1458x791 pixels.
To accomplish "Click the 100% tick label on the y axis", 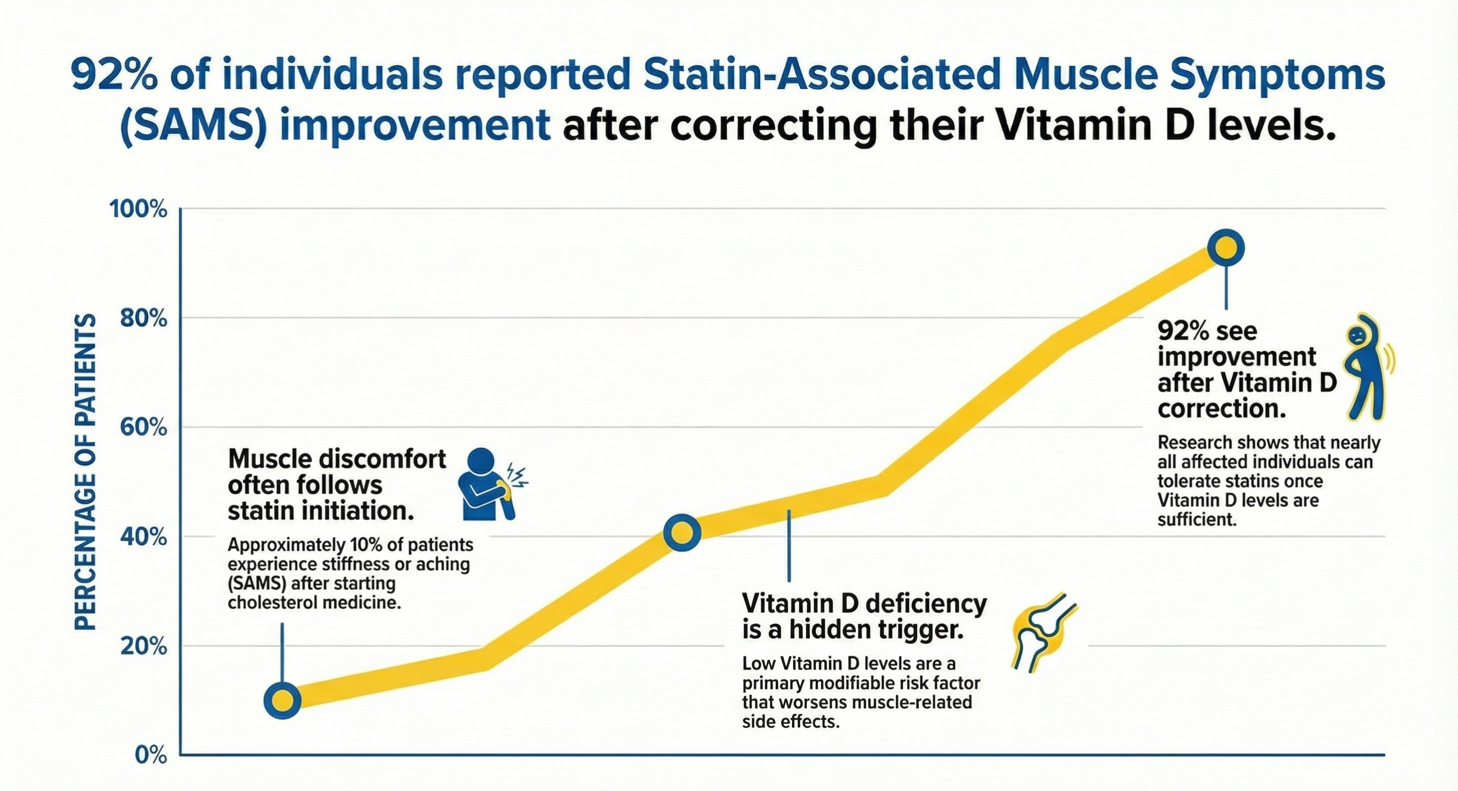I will coord(138,209).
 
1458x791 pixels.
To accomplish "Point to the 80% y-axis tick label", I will coord(144,319).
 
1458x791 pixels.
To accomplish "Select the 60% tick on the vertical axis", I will coord(144,428).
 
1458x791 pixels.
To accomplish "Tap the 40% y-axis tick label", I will coord(144,537).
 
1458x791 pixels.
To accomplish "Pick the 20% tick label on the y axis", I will coord(144,646).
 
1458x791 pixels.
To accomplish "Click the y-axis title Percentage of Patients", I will coord(85,472).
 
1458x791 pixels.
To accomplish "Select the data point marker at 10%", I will coord(282,700).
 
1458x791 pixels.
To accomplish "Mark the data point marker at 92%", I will coord(1225,248).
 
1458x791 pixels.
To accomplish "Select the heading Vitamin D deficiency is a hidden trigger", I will coord(864,617).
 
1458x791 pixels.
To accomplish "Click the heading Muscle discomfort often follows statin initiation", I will coord(337,485).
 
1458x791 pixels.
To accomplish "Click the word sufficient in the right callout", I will coord(1196,519).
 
